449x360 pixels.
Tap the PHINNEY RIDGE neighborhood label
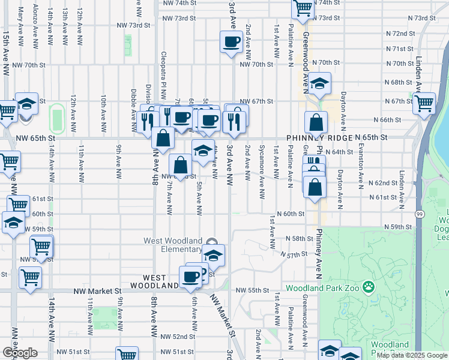pyautogui.click(x=329, y=137)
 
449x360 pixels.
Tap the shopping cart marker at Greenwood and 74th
pyautogui.click(x=303, y=8)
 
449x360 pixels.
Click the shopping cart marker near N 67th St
pyautogui.click(x=424, y=103)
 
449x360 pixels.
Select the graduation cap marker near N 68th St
pyautogui.click(x=320, y=84)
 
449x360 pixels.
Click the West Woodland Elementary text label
pyautogui.click(x=172, y=245)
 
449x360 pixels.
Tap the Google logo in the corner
pyautogui.click(x=20, y=353)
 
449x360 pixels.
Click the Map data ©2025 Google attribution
pyautogui.click(x=412, y=355)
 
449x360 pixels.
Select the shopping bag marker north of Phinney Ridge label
pyautogui.click(x=316, y=123)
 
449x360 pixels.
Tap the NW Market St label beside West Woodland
pyautogui.click(x=97, y=290)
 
